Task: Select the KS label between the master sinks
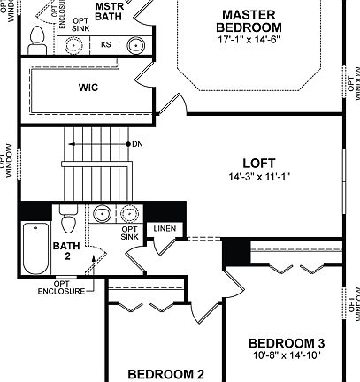pos(105,43)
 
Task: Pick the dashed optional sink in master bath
pos(73,45)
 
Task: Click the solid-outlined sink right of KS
pos(135,44)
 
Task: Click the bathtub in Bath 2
pos(34,248)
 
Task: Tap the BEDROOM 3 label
pos(287,343)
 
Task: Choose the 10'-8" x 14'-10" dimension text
pos(287,355)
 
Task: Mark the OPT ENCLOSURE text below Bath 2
pos(62,287)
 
